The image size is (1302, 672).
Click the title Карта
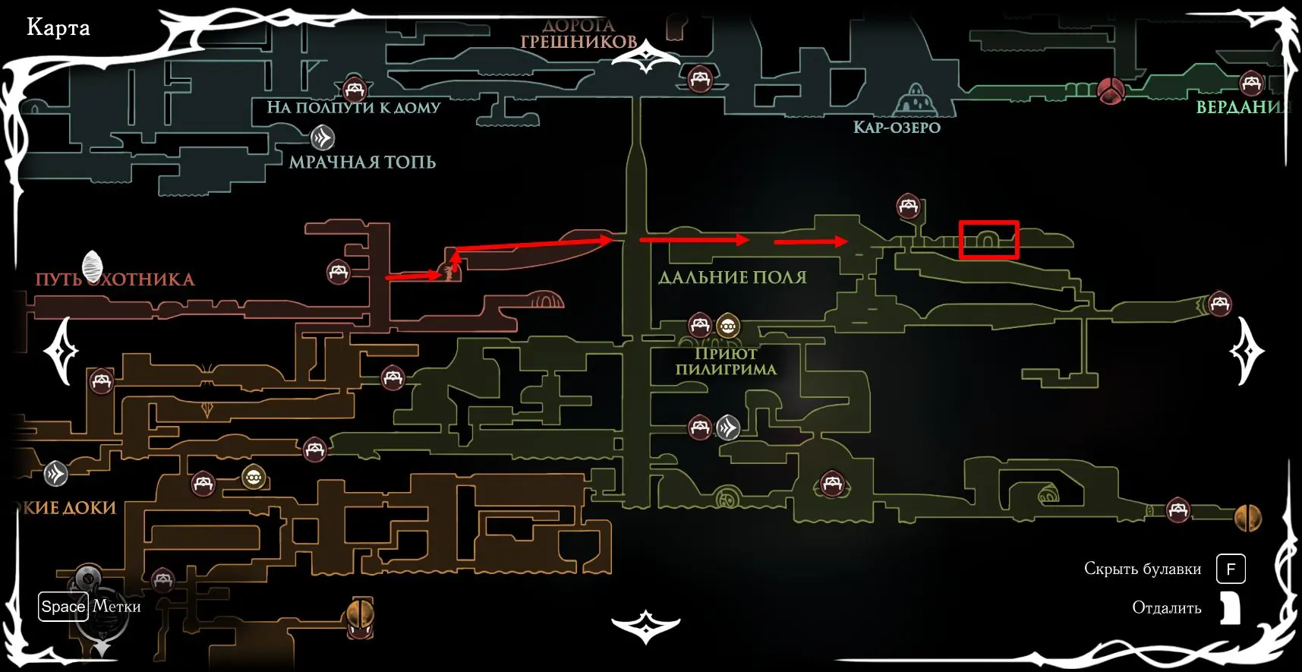coord(58,28)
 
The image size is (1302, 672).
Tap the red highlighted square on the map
coord(988,240)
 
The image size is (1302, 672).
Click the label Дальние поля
coord(732,278)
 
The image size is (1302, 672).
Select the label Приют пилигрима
coord(726,361)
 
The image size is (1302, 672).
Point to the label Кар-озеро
coord(897,128)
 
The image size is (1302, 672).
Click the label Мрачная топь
coord(362,162)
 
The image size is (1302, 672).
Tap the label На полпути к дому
coord(353,108)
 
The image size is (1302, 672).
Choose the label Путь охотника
coord(115,279)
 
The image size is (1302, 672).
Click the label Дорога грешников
coord(578,35)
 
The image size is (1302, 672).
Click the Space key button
coord(63,607)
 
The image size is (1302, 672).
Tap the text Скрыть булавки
coord(1142,569)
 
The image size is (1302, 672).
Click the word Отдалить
coord(1166,607)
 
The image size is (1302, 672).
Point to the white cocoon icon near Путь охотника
coord(93,266)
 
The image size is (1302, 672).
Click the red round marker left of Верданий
coord(1110,90)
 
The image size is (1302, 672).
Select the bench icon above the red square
coord(908,206)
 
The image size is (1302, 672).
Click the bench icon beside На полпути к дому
coord(354,90)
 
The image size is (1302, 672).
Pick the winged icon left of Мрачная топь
coord(323,138)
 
